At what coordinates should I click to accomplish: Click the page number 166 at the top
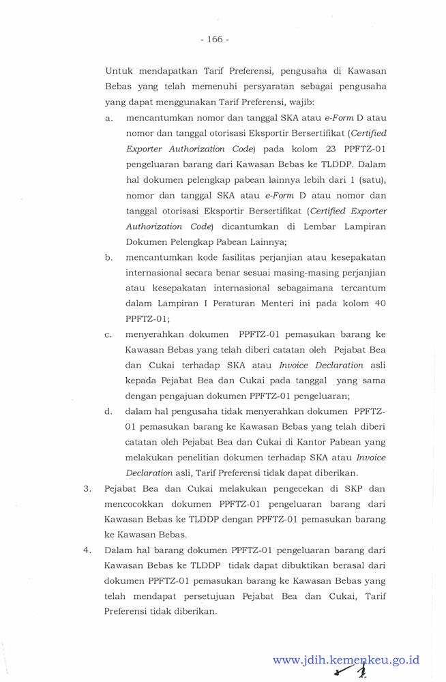click(215, 40)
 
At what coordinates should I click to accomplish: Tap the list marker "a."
click(109, 118)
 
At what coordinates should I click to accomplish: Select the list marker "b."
click(109, 257)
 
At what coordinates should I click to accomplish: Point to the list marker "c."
click(109, 334)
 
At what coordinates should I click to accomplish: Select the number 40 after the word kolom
click(381, 303)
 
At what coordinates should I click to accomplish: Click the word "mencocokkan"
click(132, 504)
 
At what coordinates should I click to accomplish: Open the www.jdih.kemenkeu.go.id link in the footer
click(346, 660)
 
